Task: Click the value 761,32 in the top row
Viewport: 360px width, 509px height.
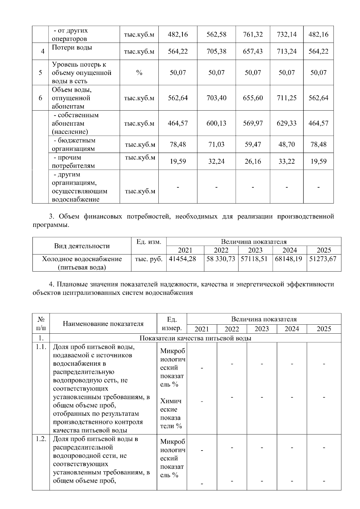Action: [253, 34]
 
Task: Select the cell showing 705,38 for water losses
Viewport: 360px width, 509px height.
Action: [216, 51]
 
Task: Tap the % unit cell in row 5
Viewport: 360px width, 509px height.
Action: [139, 73]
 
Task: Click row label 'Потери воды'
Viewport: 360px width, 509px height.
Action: [72, 48]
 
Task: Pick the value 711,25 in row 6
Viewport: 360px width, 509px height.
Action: [286, 98]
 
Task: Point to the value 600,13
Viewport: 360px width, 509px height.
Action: [216, 123]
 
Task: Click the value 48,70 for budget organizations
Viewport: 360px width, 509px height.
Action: [286, 144]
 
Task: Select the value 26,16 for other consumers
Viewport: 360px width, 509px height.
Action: [253, 162]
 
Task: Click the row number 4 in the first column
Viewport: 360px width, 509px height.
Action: [43, 51]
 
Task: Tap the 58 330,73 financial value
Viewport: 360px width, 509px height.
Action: [221, 259]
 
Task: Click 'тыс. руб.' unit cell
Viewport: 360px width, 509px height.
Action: [149, 259]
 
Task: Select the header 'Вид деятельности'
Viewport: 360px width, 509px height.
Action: [82, 246]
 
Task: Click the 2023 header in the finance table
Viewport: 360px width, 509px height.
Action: [255, 250]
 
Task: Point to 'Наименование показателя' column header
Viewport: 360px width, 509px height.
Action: [103, 323]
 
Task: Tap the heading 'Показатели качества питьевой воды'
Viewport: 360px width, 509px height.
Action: [195, 338]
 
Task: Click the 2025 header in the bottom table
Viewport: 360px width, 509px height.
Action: [324, 329]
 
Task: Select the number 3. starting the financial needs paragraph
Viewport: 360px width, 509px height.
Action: [51, 216]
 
